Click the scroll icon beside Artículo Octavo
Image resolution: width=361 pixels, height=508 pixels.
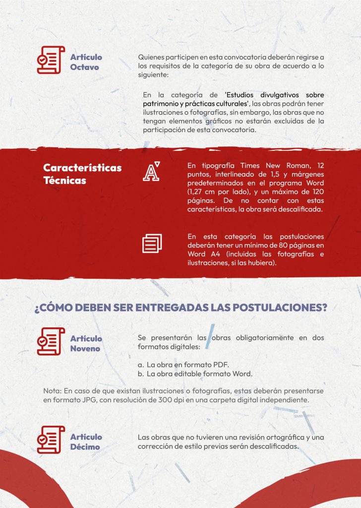pyautogui.click(x=51, y=60)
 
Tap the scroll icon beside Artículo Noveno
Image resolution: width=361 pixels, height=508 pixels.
pyautogui.click(x=51, y=341)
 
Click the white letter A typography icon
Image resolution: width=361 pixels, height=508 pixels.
pyautogui.click(x=151, y=171)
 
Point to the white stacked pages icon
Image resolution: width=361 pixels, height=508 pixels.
pyautogui.click(x=152, y=243)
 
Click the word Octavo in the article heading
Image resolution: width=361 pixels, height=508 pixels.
pyautogui.click(x=84, y=67)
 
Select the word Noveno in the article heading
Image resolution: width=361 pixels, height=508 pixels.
pyautogui.click(x=85, y=348)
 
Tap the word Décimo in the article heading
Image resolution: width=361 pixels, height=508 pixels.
pyautogui.click(x=85, y=446)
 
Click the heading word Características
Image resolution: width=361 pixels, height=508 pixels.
pyautogui.click(x=82, y=168)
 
